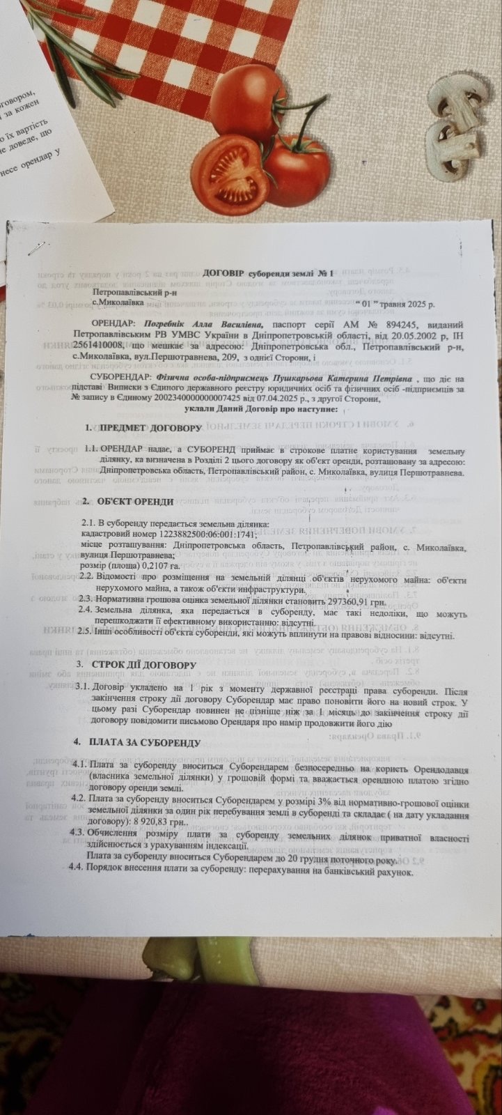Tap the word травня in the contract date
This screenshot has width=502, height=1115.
(399, 305)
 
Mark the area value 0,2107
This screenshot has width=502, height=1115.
(157, 566)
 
